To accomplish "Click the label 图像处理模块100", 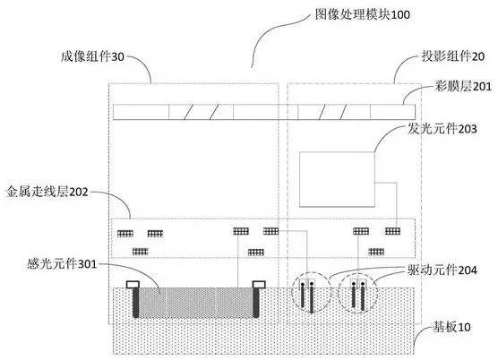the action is pyautogui.click(x=363, y=14).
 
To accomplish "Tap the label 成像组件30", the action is pyautogui.click(x=92, y=56).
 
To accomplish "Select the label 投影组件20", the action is pyautogui.click(x=453, y=56).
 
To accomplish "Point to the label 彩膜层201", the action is pyautogui.click(x=463, y=86).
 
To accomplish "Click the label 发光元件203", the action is pyautogui.click(x=442, y=129).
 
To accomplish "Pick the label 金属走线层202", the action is pyautogui.click(x=47, y=192).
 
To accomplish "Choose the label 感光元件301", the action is pyautogui.click(x=62, y=263).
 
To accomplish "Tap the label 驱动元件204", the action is pyautogui.click(x=442, y=270).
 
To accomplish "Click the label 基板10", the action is pyautogui.click(x=452, y=327).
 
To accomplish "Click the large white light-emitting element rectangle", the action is pyautogui.click(x=337, y=179).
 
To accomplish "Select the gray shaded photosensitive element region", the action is pyautogui.click(x=195, y=303).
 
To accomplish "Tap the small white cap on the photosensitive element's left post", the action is pyautogui.click(x=133, y=285).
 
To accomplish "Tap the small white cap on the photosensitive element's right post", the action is pyautogui.click(x=259, y=285).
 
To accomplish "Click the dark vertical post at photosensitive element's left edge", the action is pyautogui.click(x=135, y=303).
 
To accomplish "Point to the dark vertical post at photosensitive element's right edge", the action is pyautogui.click(x=256, y=303).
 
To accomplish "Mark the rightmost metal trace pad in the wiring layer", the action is pyautogui.click(x=392, y=231).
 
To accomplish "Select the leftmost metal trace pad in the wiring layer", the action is pyautogui.click(x=125, y=234).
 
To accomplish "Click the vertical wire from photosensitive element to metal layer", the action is pyautogui.click(x=238, y=261).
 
